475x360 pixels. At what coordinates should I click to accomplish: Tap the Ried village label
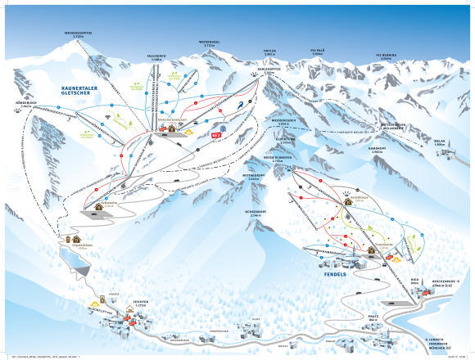point(414,280)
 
